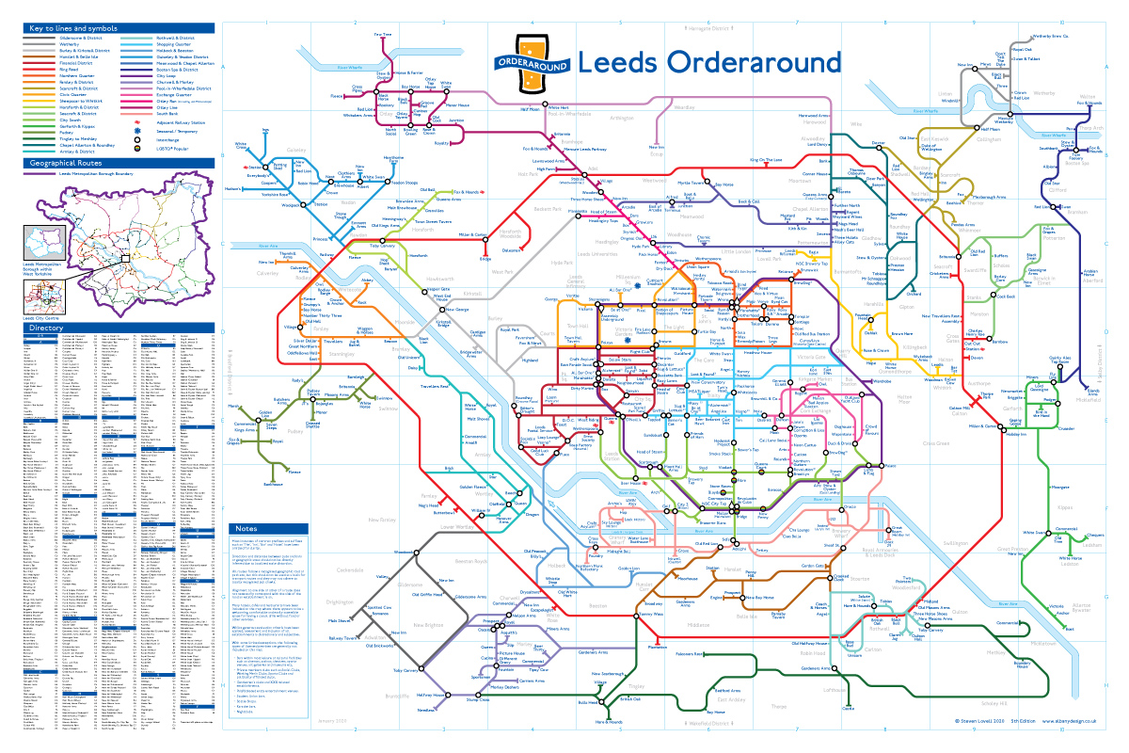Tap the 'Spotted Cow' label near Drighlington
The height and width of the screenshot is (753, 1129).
[379, 608]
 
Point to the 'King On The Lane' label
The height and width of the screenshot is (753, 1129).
[766, 161]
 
